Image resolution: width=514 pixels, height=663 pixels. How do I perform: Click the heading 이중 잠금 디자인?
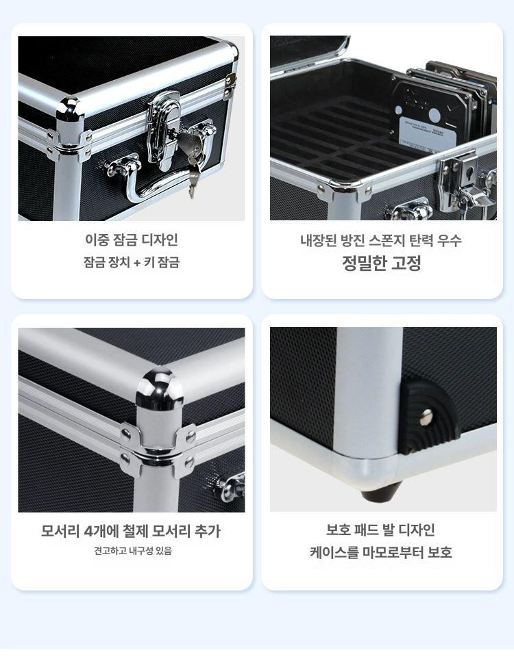pos(132,240)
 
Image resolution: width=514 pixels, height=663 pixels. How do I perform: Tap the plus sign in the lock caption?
pos(137,263)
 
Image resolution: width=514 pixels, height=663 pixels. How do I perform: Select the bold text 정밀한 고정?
pos(382,263)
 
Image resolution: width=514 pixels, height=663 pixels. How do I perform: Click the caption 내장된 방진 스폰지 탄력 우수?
pos(380,241)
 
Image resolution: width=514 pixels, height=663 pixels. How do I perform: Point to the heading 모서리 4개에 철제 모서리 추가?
pos(131,531)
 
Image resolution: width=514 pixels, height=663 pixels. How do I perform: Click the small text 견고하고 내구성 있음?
pos(133,551)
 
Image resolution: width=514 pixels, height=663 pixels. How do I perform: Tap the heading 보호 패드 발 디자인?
pos(380,530)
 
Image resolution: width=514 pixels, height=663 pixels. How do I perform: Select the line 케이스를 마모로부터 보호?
pos(381,552)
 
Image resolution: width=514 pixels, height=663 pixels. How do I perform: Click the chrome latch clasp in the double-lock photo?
pos(164,129)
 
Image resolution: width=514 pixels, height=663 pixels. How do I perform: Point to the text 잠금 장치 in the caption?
pos(107,263)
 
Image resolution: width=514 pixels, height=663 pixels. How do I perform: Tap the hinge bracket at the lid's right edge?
pos(230,86)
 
